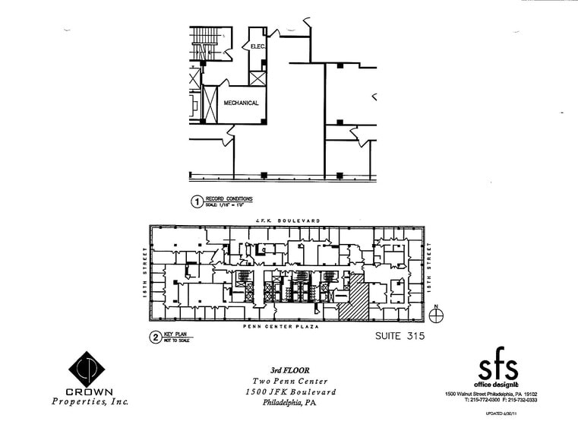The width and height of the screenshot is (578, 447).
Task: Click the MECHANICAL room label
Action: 241,103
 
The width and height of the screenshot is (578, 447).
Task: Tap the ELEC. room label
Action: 257,46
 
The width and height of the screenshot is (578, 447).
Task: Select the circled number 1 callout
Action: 195,202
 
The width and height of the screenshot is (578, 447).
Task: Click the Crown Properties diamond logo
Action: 87,370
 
